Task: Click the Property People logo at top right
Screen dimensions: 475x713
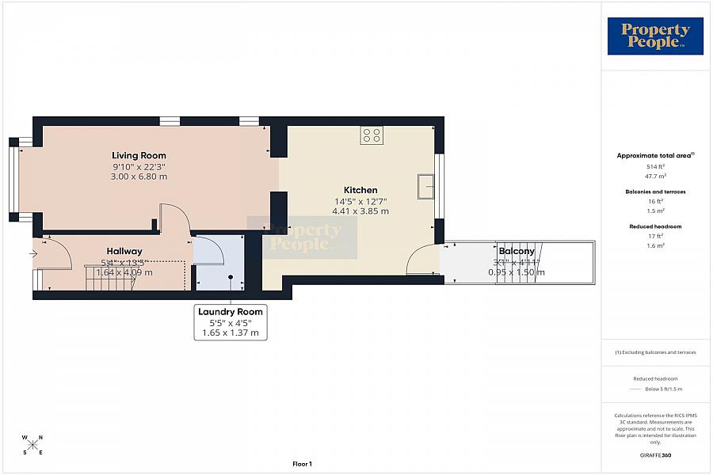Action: pos(655,36)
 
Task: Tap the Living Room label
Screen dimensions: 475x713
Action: pos(139,155)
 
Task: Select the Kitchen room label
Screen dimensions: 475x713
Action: pos(360,190)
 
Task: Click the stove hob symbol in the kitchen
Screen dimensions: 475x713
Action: pos(372,135)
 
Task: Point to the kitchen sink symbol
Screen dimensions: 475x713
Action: pos(426,186)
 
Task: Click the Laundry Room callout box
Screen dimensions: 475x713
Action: pos(231,323)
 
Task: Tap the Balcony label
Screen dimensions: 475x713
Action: pos(516,251)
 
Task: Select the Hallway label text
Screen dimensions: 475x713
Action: pos(124,251)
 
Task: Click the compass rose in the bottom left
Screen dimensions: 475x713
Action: pos(32,444)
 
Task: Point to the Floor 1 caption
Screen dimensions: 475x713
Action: pos(303,464)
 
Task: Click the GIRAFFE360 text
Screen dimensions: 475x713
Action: pos(655,455)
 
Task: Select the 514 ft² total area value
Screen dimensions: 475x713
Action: pos(655,167)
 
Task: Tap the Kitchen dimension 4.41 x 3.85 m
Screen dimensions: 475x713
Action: pos(360,211)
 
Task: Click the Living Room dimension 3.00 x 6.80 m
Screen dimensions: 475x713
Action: pos(139,177)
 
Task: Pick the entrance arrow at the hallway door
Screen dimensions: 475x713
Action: pos(32,254)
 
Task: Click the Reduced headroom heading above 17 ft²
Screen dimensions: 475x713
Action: pos(655,226)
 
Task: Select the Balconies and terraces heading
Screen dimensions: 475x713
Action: pos(655,192)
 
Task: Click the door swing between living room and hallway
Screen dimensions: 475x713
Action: pos(174,218)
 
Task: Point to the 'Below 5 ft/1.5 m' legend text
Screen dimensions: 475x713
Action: pos(663,389)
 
